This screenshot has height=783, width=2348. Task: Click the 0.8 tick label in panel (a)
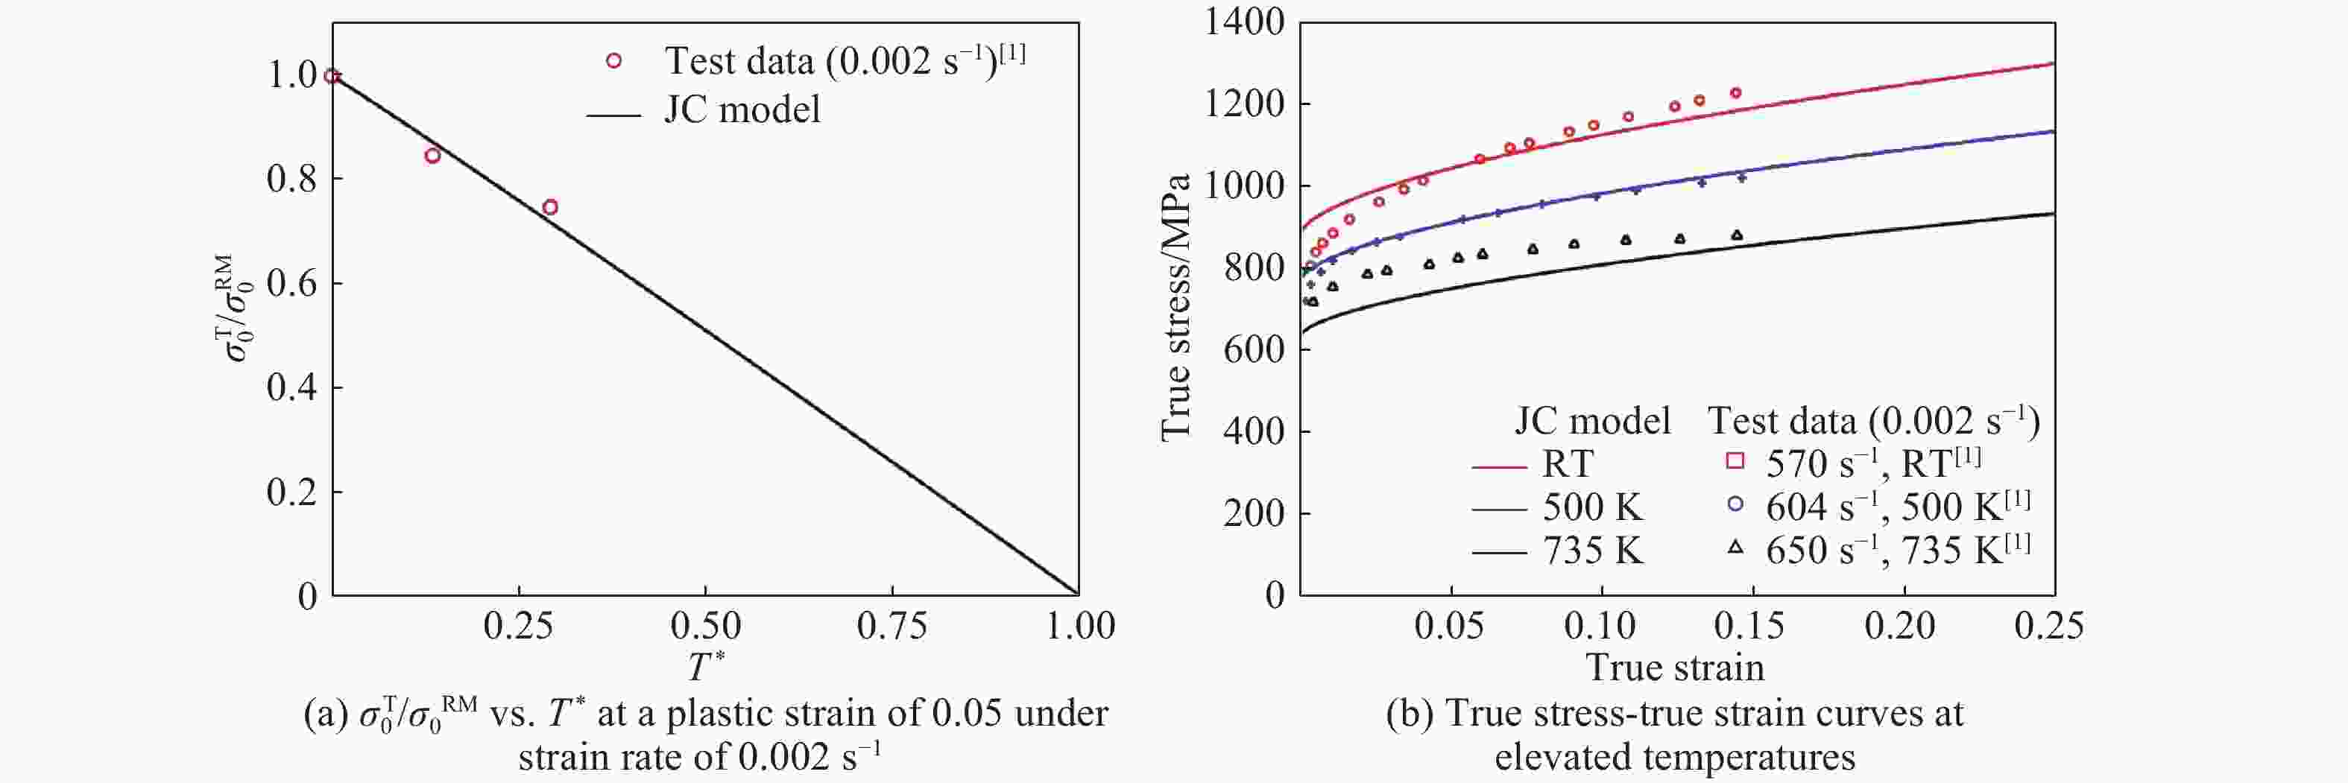pos(291,180)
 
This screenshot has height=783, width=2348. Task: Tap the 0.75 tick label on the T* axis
pos(891,627)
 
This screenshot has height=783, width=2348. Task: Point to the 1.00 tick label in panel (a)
pos(1080,627)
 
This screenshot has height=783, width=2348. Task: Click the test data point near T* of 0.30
pos(549,207)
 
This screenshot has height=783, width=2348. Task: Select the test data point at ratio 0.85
pos(432,156)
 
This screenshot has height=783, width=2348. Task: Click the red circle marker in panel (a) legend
pos(613,61)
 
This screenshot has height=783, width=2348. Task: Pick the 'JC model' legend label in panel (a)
pos(742,110)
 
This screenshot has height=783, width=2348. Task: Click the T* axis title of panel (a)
pos(705,666)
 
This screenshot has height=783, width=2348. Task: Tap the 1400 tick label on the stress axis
pos(1244,22)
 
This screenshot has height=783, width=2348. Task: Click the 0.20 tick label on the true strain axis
pos(1901,627)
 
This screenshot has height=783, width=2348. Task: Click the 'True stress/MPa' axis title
pos(1175,307)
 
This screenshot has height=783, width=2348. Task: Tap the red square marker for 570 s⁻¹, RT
pos(1735,461)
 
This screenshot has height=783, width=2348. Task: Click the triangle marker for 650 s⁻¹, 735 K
pos(1735,548)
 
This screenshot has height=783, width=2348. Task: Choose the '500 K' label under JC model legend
pos(1592,507)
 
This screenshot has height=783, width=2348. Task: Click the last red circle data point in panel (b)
pos(1735,93)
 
